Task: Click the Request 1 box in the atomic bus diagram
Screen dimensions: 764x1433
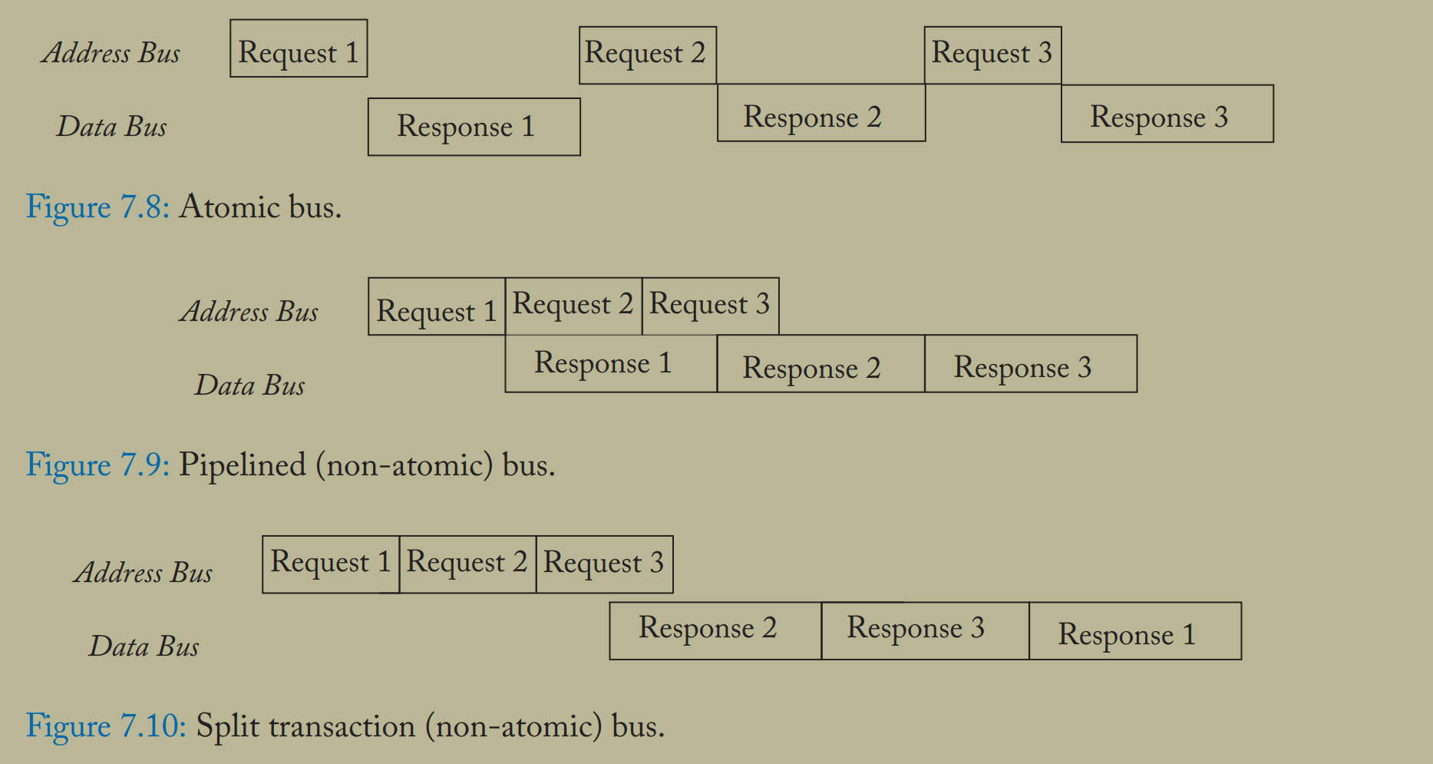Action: coord(299,49)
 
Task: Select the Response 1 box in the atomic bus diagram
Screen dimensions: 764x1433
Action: coord(474,127)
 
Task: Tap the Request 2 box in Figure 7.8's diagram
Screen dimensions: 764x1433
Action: coord(647,55)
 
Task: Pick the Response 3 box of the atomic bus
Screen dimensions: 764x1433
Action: coord(1167,114)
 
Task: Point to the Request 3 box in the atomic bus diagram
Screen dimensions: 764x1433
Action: coord(992,55)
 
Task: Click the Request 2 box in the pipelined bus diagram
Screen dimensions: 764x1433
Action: coord(573,306)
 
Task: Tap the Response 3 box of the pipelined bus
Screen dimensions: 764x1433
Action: coord(1030,364)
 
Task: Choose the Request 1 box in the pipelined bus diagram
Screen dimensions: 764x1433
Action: coord(436,307)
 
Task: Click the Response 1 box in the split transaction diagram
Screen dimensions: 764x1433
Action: coord(1134,631)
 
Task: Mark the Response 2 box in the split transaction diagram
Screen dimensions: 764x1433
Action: coord(715,631)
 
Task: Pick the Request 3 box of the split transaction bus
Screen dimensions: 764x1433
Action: coord(604,564)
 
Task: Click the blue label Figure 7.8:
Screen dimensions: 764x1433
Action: coord(97,207)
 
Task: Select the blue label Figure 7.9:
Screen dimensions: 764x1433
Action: coord(97,465)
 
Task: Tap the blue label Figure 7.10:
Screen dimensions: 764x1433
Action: coord(106,726)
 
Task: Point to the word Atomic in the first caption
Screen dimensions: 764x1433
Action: coord(229,207)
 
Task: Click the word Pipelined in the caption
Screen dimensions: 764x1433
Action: coord(242,466)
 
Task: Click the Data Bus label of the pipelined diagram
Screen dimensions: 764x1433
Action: coord(249,385)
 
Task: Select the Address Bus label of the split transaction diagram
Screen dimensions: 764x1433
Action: coord(143,573)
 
